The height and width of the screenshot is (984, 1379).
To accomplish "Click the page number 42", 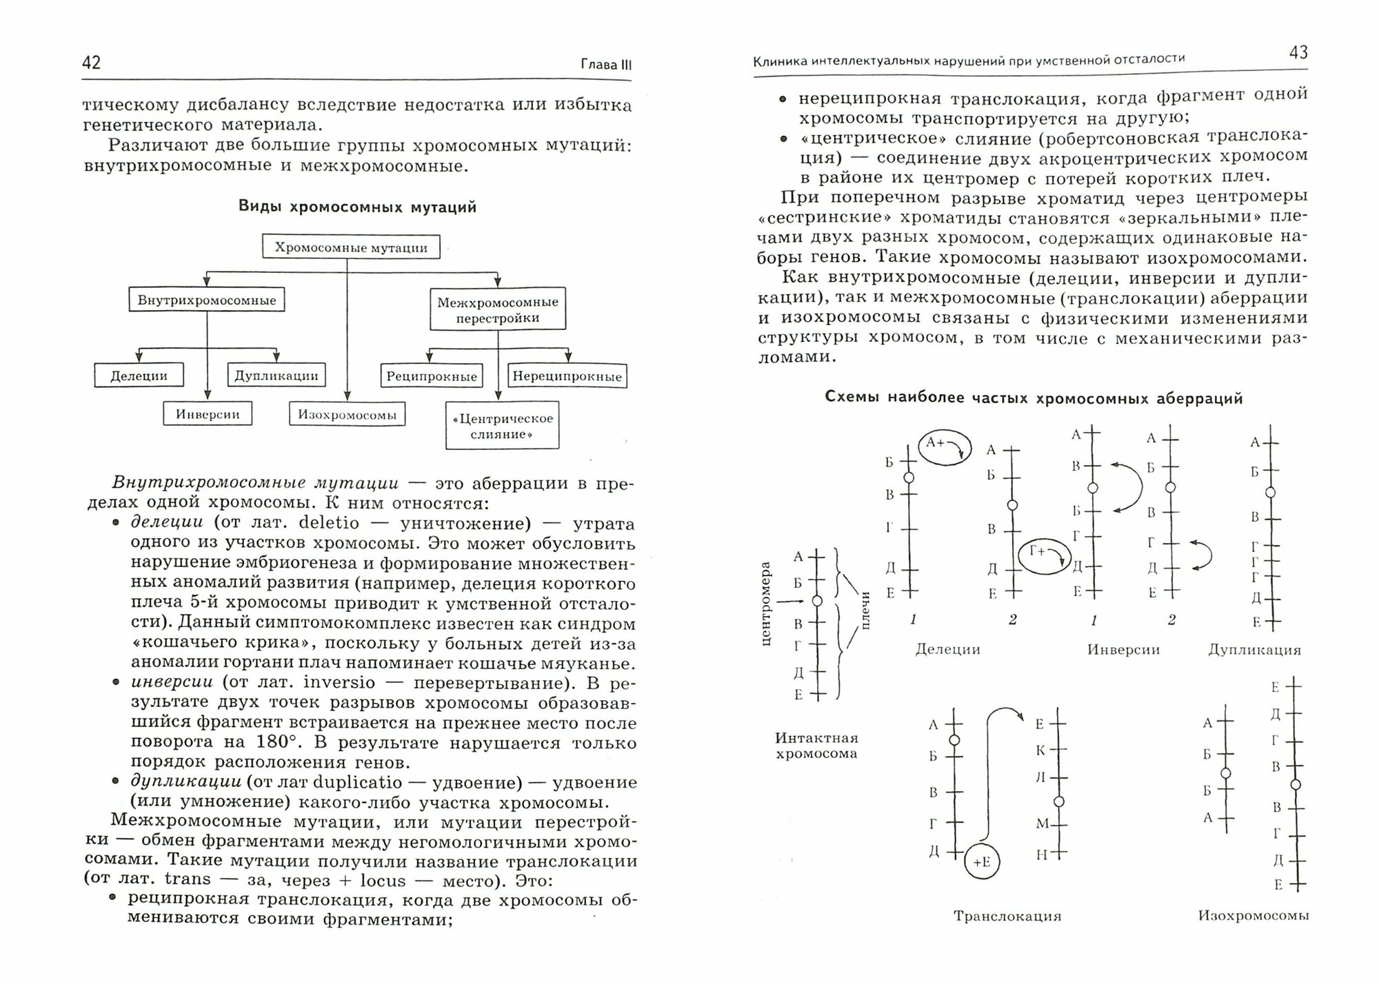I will (92, 63).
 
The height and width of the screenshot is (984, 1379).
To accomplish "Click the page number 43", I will (1298, 53).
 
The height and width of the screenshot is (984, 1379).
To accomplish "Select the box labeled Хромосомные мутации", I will (352, 247).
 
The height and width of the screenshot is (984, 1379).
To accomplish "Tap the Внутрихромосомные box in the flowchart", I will (207, 300).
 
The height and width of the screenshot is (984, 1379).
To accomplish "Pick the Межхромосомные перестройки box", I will (498, 309).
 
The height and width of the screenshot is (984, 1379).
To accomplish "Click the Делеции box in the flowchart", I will (139, 376).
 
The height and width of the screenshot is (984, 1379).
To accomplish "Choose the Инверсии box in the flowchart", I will (208, 414).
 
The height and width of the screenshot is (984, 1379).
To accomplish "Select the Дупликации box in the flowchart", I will (276, 376).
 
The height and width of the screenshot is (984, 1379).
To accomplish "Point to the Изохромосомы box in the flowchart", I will (348, 414).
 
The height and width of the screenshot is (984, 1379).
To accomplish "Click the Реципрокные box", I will (432, 376).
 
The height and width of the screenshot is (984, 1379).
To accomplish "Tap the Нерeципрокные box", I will (567, 376).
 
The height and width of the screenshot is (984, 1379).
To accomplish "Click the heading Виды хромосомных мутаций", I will (357, 207).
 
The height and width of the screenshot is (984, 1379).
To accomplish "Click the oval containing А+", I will (945, 447).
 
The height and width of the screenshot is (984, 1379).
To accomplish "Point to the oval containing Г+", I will (1045, 555).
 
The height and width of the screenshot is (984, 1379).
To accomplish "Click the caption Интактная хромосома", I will (816, 746).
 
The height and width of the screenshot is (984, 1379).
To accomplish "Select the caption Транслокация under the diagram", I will (1007, 916).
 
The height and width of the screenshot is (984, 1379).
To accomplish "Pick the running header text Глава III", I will (606, 65).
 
